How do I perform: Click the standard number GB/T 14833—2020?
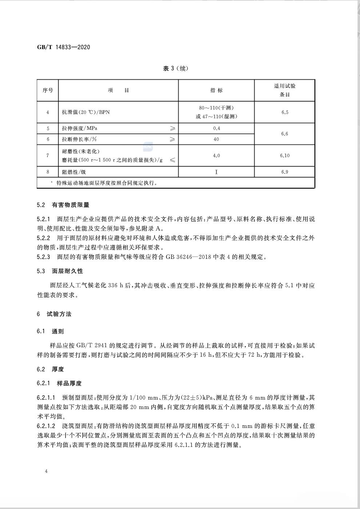(x=64, y=47)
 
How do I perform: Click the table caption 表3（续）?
(x=176, y=68)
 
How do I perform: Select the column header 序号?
(x=48, y=90)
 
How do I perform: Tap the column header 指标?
(x=216, y=90)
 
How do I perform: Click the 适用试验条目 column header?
(x=284, y=90)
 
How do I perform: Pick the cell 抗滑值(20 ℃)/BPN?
(x=86, y=112)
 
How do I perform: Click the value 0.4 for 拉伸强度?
(x=216, y=128)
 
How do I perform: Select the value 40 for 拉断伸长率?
(x=216, y=139)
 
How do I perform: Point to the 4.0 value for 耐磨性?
(x=216, y=156)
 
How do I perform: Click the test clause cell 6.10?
(x=284, y=156)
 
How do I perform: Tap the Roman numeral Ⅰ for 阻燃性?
(x=216, y=172)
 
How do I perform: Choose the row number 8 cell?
(x=48, y=172)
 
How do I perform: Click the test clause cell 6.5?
(x=284, y=112)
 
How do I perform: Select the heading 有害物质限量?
(x=71, y=205)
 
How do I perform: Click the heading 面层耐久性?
(x=68, y=271)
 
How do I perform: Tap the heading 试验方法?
(x=59, y=314)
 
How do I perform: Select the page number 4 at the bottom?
(x=46, y=472)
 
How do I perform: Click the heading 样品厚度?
(x=69, y=383)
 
